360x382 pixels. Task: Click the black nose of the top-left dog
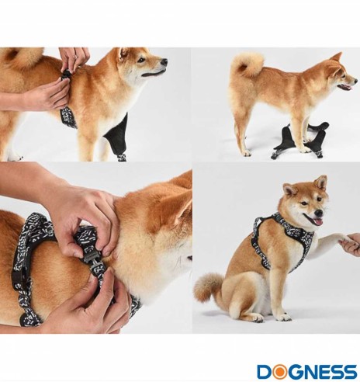pos(164,62)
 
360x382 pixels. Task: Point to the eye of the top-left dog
pos(141,60)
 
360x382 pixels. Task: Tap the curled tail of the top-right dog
pos(247,64)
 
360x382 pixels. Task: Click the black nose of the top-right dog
pos(355,82)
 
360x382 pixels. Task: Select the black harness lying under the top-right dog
pos(300,140)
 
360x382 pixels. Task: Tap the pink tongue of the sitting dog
pos(318,222)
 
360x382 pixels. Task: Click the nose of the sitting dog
pos(319,214)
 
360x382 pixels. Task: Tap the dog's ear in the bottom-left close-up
pos(177,207)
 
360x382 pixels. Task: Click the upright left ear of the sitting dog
pos(320,182)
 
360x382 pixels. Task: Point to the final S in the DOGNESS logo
pos(350,372)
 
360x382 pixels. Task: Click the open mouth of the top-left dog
pos(154,74)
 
